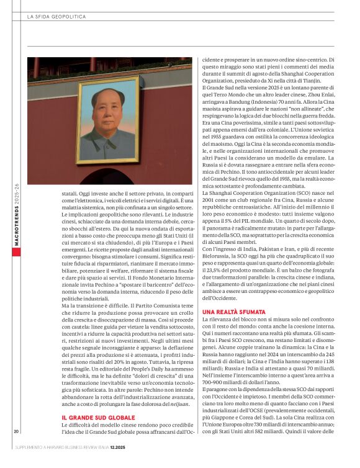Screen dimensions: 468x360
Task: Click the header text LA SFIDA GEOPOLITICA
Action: click(x=56, y=17)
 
